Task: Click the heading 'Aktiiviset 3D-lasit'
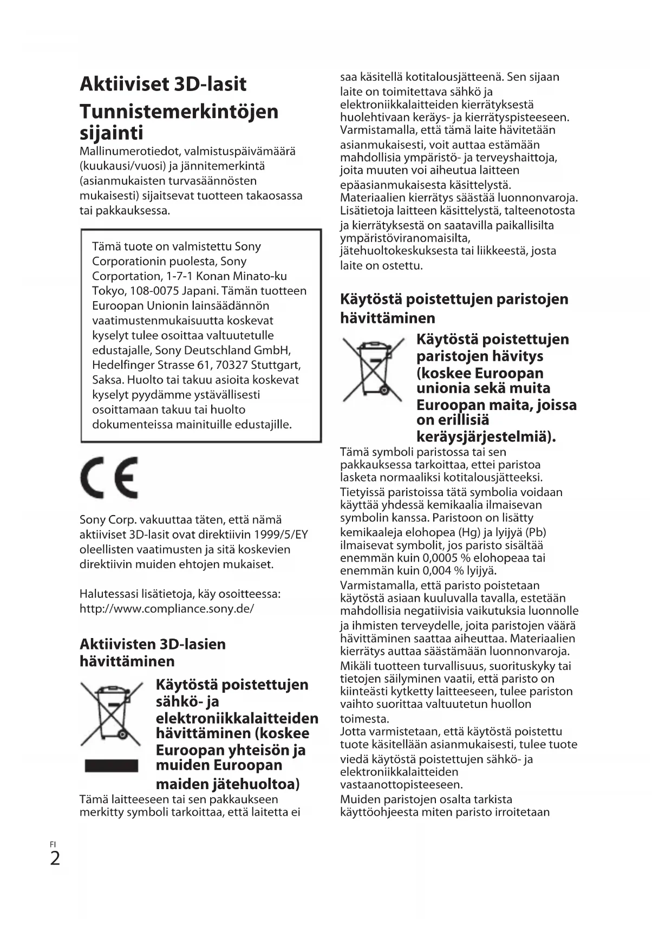pos(162,84)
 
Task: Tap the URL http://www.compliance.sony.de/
pos(166,608)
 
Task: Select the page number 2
pos(55,858)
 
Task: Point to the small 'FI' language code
pos(53,844)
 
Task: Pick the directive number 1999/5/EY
pos(281,535)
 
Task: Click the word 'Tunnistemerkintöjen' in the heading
pos(179,112)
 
